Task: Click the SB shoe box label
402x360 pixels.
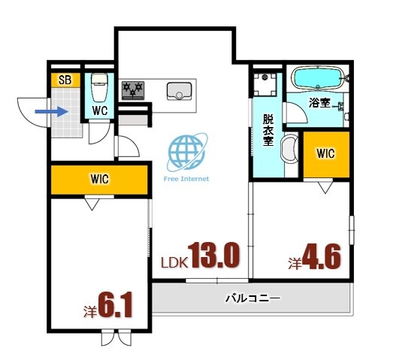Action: pos(65,80)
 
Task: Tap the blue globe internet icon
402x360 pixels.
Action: pos(185,152)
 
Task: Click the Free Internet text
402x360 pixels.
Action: pos(186,180)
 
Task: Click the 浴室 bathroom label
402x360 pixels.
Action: pos(319,102)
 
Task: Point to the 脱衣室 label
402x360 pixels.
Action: pos(267,133)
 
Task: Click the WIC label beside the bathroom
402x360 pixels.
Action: pos(325,153)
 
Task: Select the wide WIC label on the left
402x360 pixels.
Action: pos(100,180)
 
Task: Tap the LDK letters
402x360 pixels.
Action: pos(174,263)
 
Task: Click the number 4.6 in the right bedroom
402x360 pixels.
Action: pos(322,257)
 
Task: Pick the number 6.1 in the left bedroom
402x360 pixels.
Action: pos(114,306)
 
